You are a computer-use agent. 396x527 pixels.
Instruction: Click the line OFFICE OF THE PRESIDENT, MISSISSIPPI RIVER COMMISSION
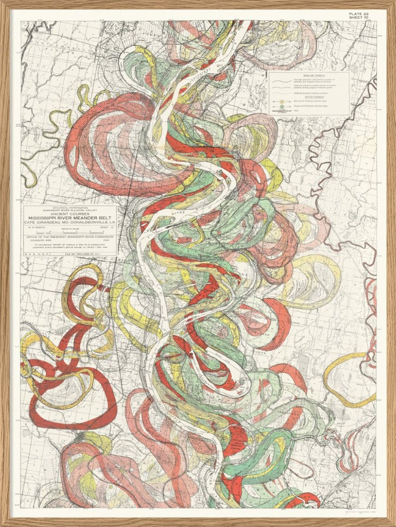tap(69, 237)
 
